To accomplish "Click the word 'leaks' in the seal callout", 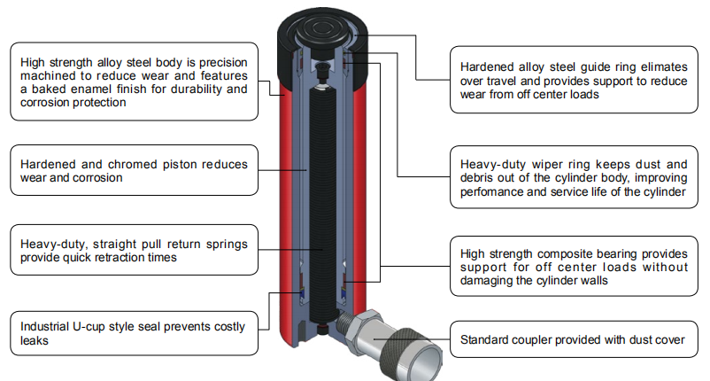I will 36,340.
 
